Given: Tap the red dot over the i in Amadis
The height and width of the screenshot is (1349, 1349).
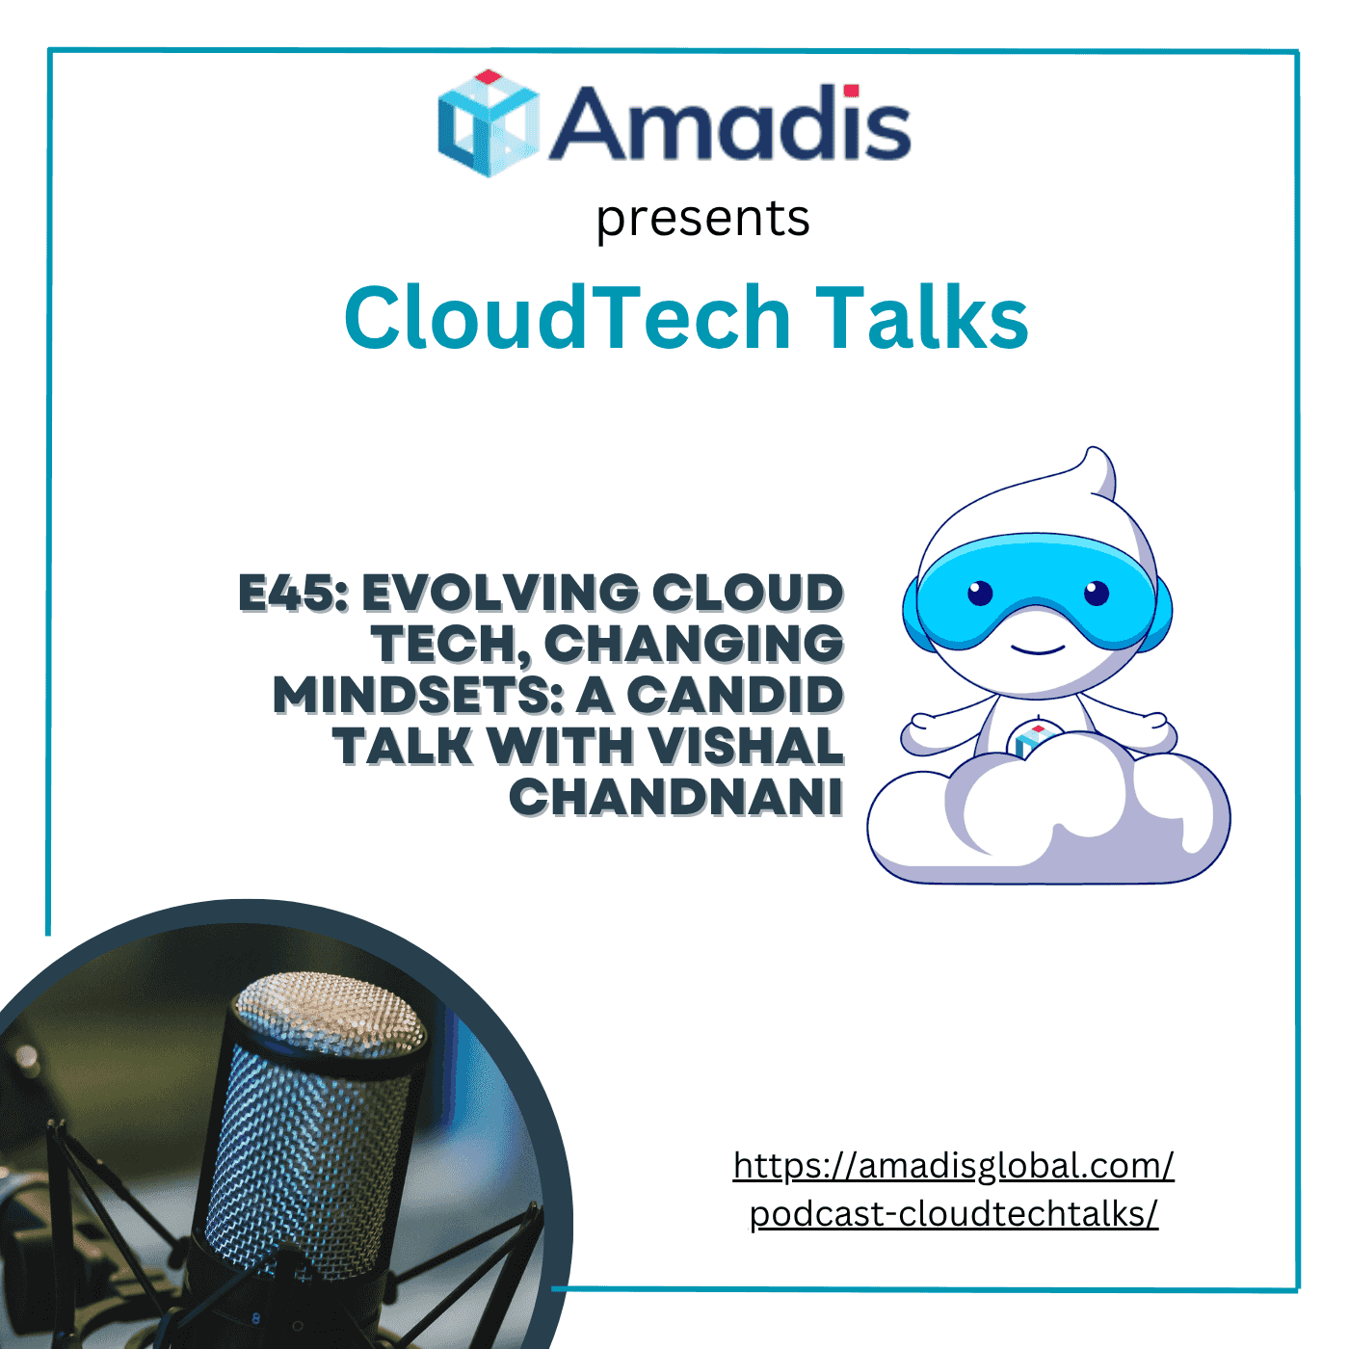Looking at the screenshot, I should (851, 91).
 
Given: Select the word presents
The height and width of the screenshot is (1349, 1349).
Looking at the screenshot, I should (702, 219).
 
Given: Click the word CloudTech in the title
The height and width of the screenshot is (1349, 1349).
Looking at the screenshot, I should (567, 318).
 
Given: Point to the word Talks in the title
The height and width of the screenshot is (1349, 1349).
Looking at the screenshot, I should (922, 318).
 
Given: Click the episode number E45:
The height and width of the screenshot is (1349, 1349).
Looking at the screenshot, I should (293, 594).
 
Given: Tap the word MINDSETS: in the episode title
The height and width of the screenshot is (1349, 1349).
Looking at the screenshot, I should (417, 696).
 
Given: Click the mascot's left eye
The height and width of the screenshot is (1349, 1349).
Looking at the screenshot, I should (980, 593).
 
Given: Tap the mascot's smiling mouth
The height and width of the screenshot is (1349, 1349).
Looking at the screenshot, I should (1039, 649).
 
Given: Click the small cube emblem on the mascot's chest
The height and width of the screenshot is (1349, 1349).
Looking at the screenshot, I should (1029, 741).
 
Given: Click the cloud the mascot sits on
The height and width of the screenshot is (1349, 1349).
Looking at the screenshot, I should (1050, 829).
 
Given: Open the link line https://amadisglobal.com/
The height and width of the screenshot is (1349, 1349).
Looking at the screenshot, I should (953, 1166).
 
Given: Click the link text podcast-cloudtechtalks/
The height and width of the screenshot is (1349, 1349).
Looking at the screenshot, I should (953, 1214).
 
